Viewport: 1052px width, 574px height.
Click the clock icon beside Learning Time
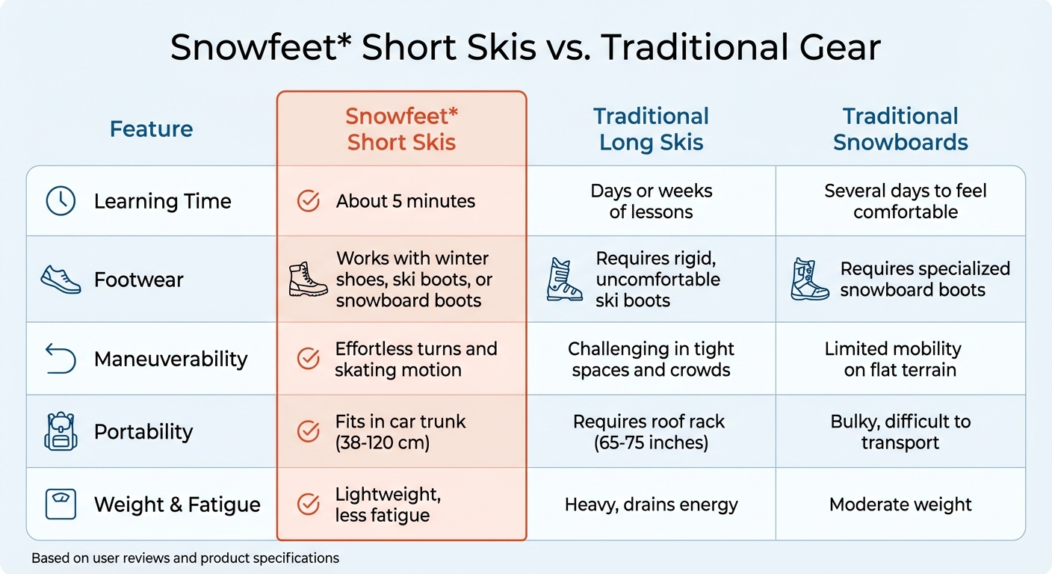click(x=61, y=201)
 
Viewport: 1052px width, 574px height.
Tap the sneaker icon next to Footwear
click(x=61, y=280)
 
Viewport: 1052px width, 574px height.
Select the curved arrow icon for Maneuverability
click(x=61, y=359)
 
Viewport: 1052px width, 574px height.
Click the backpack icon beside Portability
click(x=61, y=432)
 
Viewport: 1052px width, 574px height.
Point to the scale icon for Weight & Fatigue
click(x=61, y=504)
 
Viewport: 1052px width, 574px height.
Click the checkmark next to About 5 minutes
click(x=309, y=201)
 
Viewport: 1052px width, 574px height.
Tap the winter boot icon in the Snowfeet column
click(x=308, y=280)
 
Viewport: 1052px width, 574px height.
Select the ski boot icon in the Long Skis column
click(x=564, y=280)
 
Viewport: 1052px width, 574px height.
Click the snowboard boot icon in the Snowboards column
click(x=810, y=280)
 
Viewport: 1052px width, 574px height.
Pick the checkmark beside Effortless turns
click(x=309, y=359)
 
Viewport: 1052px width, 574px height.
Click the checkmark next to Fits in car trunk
click(x=309, y=432)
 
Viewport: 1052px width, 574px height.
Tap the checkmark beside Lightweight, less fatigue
click(x=309, y=504)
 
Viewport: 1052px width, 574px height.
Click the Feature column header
click(x=151, y=129)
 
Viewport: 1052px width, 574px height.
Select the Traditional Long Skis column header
click(x=651, y=129)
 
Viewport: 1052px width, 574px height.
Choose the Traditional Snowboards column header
click(x=900, y=129)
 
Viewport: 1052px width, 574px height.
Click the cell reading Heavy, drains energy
click(x=651, y=504)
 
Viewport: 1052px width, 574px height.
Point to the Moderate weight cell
click(x=900, y=504)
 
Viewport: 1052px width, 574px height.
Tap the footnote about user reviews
click(x=185, y=558)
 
